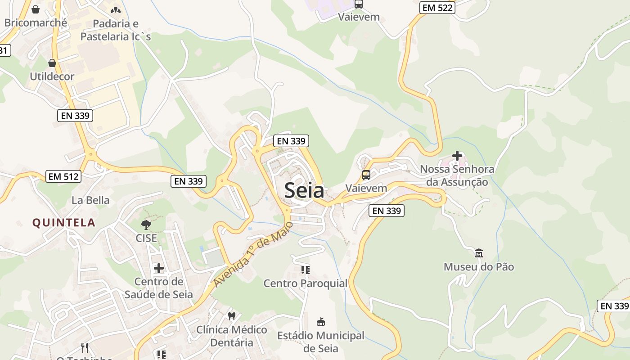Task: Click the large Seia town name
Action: [x=304, y=191]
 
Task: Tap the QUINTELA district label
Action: [x=63, y=222]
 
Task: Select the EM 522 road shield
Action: [x=437, y=7]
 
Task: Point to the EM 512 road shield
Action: [x=64, y=176]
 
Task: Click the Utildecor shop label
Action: [x=52, y=76]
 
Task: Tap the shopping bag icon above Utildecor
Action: [x=52, y=63]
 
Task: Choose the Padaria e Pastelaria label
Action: [x=116, y=30]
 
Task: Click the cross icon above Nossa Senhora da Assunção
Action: [x=457, y=156]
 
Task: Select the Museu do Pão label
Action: [x=479, y=267]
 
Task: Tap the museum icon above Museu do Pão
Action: [x=478, y=253]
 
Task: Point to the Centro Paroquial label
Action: [x=306, y=283]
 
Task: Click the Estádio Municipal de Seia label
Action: [x=321, y=342]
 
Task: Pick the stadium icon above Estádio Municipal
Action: [x=321, y=322]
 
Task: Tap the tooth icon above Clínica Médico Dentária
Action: [x=232, y=316]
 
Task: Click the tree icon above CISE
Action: [x=146, y=225]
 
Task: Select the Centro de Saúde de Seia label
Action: [x=159, y=288]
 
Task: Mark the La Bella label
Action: [x=90, y=200]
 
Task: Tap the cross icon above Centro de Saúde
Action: [x=159, y=268]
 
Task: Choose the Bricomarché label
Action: [x=36, y=22]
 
